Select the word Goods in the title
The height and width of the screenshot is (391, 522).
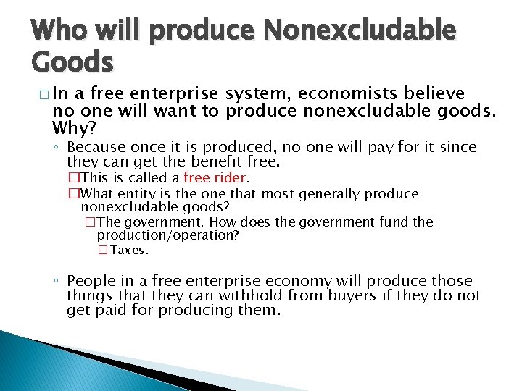pyautogui.click(x=72, y=62)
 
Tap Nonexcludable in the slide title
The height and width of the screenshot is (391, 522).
pyautogui.click(x=360, y=31)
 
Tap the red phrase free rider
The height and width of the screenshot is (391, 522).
pyautogui.click(x=215, y=178)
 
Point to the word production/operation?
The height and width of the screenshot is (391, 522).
pyautogui.click(x=168, y=235)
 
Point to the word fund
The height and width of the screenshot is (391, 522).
pyautogui.click(x=397, y=222)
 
